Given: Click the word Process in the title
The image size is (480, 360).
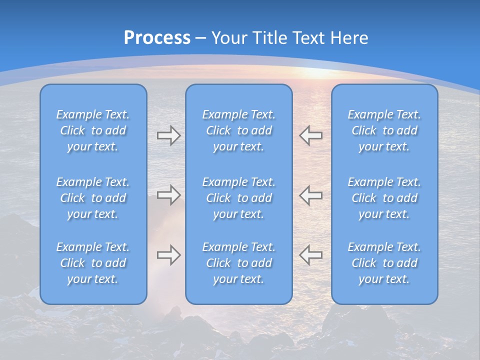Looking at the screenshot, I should click(157, 38).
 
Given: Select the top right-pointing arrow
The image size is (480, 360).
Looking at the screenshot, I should click(169, 135).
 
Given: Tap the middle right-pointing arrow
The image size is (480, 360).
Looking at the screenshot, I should click(169, 195).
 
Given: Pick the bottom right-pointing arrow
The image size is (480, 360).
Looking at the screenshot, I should click(169, 255).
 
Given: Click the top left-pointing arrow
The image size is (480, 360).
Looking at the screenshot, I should click(310, 135).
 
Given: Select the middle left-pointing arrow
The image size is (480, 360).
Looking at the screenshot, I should click(310, 195).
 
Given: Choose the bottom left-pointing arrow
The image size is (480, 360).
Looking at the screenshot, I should click(310, 255).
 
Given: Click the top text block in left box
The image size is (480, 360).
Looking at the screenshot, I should click(93, 130).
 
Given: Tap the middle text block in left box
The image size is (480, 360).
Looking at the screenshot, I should click(93, 198).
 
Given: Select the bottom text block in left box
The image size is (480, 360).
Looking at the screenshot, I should click(93, 263).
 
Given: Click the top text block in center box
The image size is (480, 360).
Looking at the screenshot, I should click(238, 130).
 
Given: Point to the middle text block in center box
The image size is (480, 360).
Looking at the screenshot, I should click(238, 198).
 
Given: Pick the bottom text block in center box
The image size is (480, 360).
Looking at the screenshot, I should click(238, 263).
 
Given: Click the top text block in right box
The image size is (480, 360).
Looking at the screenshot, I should click(384, 130).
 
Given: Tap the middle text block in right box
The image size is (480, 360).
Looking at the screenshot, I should click(384, 198).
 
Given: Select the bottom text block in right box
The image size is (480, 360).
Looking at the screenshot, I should click(384, 263).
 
